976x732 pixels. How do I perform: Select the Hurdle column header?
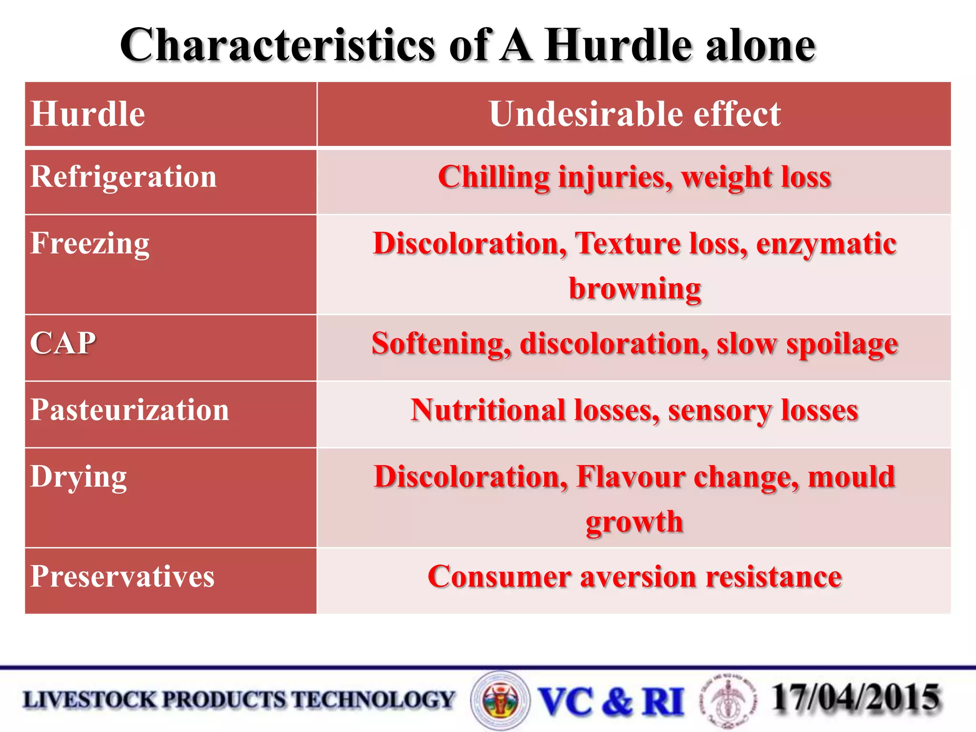click(x=88, y=114)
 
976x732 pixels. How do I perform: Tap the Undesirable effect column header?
click(x=634, y=114)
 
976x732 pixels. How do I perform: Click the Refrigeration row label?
click(x=123, y=177)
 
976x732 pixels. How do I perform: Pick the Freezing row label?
click(x=90, y=244)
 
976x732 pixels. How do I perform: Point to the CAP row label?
click(x=63, y=343)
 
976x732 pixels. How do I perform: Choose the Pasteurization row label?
click(x=130, y=410)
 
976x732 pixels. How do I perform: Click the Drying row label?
click(x=79, y=477)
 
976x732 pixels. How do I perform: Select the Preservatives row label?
click(x=122, y=576)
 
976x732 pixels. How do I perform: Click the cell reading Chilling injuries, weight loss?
click(x=634, y=177)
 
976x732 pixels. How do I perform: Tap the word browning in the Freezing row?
click(x=635, y=288)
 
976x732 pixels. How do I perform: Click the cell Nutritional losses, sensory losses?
click(x=634, y=410)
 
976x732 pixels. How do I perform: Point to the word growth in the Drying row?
click(x=634, y=522)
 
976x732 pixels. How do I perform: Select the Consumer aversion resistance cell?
click(x=634, y=577)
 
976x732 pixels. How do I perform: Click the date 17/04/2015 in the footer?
click(x=856, y=698)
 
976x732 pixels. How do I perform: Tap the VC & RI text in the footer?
click(x=611, y=701)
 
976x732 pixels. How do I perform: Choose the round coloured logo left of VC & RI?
click(x=500, y=700)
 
